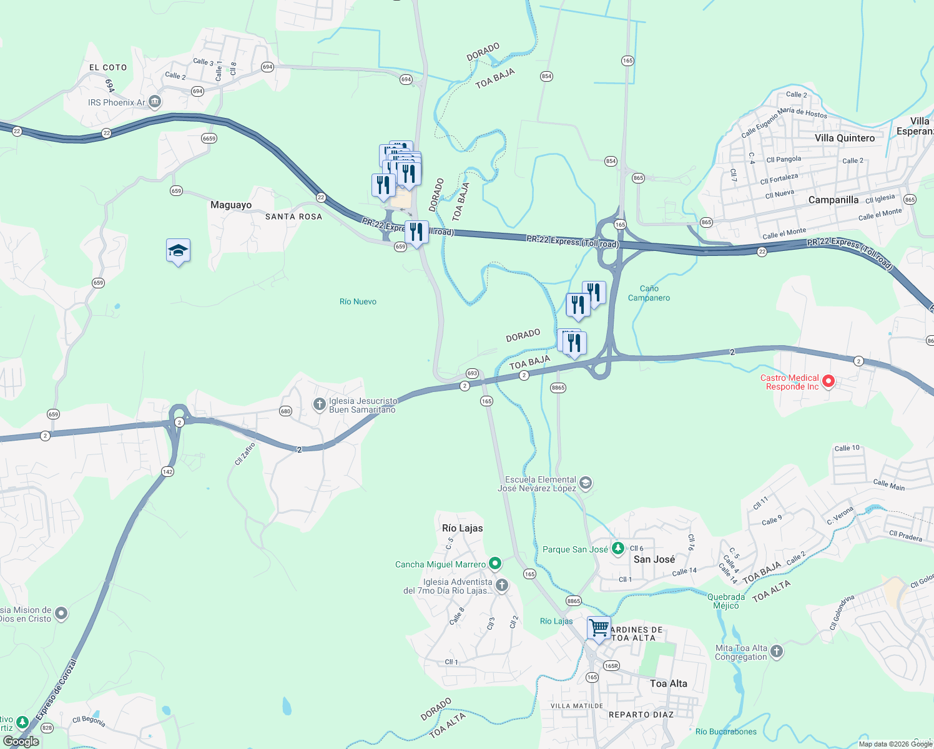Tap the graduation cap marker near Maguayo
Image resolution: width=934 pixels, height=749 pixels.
click(x=178, y=251)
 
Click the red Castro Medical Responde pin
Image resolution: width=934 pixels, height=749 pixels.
click(x=828, y=381)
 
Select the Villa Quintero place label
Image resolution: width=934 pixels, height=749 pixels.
click(x=844, y=138)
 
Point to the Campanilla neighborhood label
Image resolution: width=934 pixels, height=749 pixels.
click(x=833, y=200)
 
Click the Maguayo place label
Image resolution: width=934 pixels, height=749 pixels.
click(x=231, y=205)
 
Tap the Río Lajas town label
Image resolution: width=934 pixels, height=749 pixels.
click(x=462, y=528)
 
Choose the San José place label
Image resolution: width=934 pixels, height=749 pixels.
click(x=654, y=559)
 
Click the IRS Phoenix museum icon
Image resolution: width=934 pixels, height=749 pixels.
click(x=155, y=102)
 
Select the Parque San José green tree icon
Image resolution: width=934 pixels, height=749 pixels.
click(x=617, y=549)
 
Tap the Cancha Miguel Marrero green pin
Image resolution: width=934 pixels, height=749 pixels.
click(x=495, y=564)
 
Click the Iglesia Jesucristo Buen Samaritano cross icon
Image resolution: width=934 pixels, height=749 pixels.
click(x=319, y=405)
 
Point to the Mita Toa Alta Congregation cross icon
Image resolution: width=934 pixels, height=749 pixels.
click(x=776, y=652)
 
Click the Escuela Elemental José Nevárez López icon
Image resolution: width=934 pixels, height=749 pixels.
click(x=585, y=483)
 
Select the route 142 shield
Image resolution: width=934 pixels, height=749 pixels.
click(x=167, y=472)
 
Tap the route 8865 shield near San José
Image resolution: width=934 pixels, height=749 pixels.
click(x=573, y=601)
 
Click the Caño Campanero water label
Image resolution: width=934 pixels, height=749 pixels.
click(x=649, y=293)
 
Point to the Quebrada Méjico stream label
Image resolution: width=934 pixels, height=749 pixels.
click(x=725, y=601)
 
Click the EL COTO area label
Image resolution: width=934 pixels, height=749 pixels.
click(x=108, y=67)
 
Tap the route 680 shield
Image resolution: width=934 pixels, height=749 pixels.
click(x=285, y=411)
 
